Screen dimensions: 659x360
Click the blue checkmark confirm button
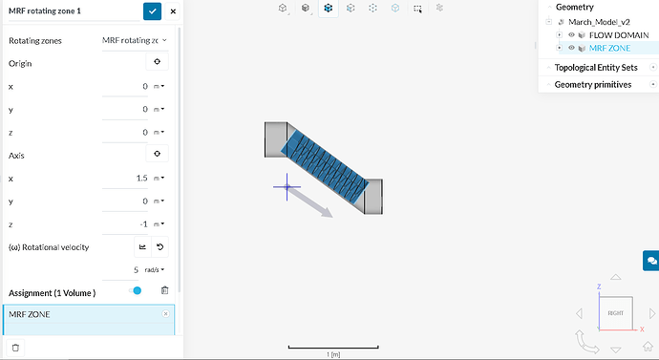[x=152, y=11]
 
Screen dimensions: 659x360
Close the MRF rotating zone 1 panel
[x=173, y=11]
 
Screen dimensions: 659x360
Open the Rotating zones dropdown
[x=135, y=40]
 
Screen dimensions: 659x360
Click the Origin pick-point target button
[x=158, y=62]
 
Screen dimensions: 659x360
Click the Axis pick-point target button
[x=158, y=154]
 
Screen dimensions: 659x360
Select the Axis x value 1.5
[x=141, y=179]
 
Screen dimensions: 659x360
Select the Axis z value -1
[x=143, y=224]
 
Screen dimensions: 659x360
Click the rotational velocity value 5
[x=136, y=269]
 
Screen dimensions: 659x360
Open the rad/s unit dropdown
[x=155, y=269]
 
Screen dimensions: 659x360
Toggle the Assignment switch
[x=136, y=290]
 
